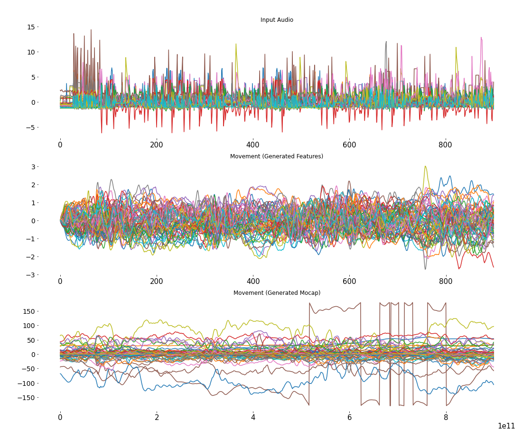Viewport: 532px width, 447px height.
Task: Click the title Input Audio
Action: pyautogui.click(x=277, y=20)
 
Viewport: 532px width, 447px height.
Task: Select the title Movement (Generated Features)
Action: pyautogui.click(x=277, y=156)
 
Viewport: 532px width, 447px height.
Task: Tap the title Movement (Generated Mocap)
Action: pyautogui.click(x=277, y=293)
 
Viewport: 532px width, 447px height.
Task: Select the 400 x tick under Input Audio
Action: pyautogui.click(x=253, y=145)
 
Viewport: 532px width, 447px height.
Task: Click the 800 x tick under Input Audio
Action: pyautogui.click(x=446, y=145)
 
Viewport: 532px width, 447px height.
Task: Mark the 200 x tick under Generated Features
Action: pyautogui.click(x=157, y=281)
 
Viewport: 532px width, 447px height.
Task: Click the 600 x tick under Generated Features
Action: pyautogui.click(x=349, y=281)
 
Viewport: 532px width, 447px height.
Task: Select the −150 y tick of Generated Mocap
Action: pyautogui.click(x=26, y=398)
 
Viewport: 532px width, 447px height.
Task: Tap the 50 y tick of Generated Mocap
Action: pyautogui.click(x=30, y=340)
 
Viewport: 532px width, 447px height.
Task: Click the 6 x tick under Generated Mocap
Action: pyautogui.click(x=349, y=418)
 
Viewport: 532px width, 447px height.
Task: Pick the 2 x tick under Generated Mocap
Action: pyautogui.click(x=157, y=418)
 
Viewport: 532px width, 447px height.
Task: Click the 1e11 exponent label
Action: pyautogui.click(x=506, y=426)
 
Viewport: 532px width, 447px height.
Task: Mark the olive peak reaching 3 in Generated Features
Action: pyautogui.click(x=425, y=167)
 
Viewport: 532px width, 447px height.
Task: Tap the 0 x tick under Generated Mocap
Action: pyautogui.click(x=60, y=418)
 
